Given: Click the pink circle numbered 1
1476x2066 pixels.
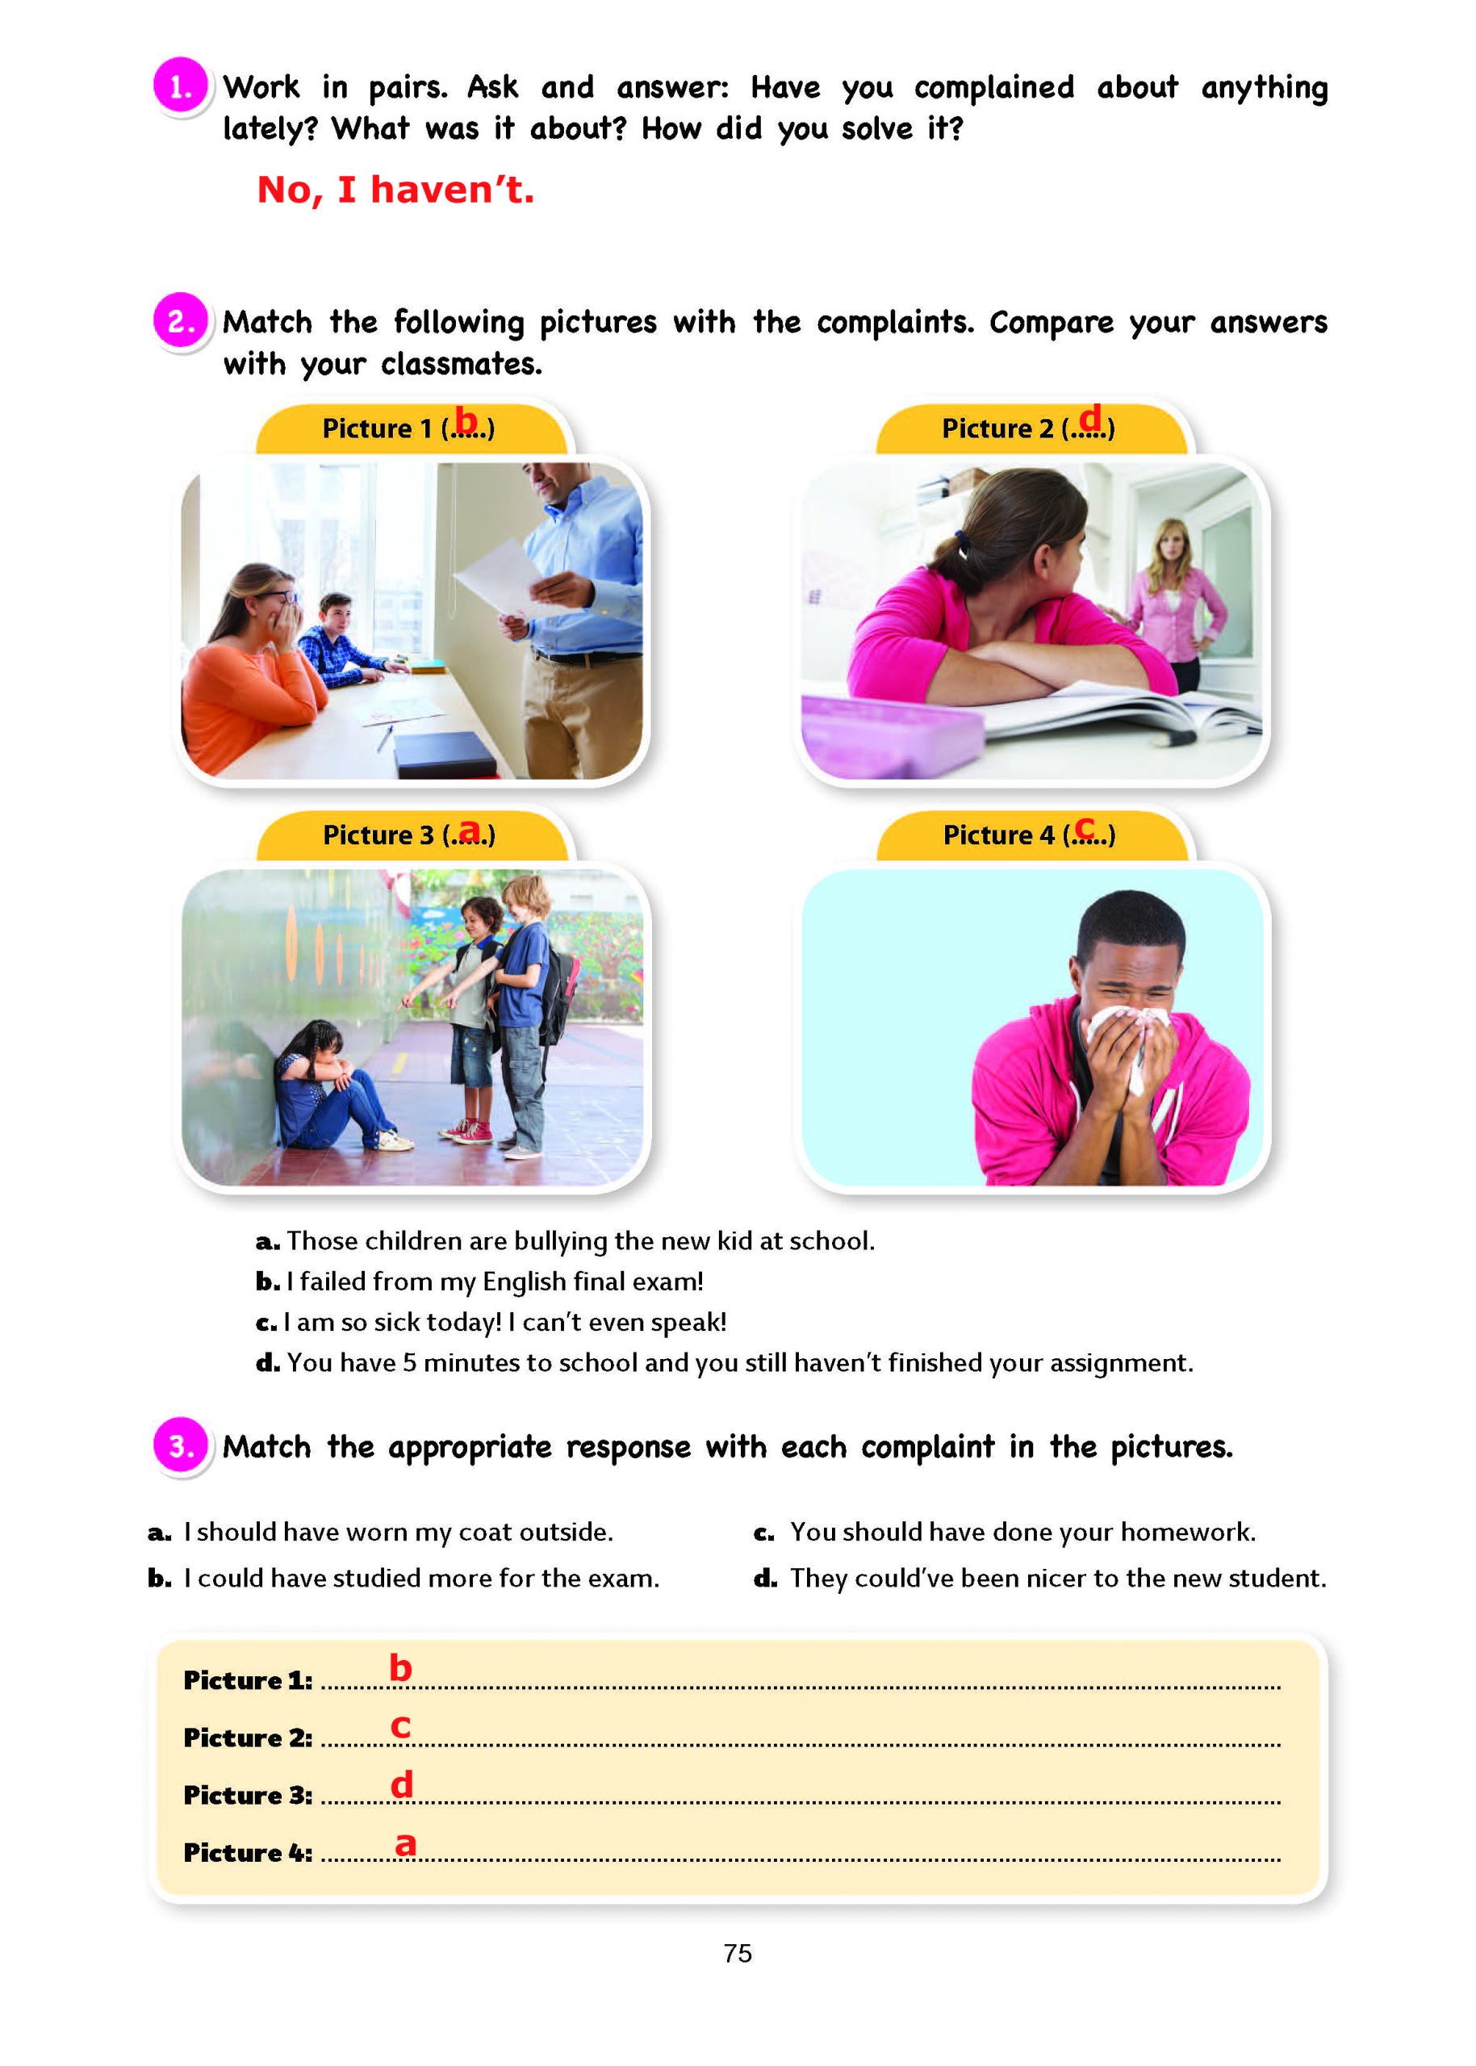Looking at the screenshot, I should (x=180, y=86).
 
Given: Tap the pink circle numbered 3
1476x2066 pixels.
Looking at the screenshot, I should (x=180, y=1445).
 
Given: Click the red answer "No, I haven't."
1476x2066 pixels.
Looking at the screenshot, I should (x=395, y=190).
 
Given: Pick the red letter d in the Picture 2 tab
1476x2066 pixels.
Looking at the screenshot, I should (x=1089, y=418).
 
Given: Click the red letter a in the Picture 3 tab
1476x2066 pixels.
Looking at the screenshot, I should (x=469, y=829).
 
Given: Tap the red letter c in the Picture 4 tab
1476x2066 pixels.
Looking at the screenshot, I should (x=1085, y=827).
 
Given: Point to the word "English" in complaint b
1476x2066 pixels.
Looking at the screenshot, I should (x=524, y=1282).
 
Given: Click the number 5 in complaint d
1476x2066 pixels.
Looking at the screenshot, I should (x=409, y=1362).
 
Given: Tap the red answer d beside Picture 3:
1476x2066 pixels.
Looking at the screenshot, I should (x=402, y=1784).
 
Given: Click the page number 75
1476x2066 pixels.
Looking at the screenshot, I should (x=737, y=1953).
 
